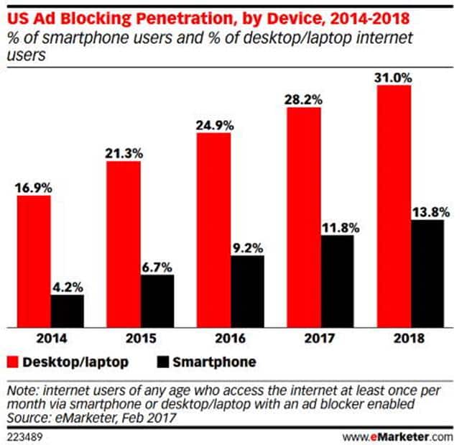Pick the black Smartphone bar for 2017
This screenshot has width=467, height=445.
pos(337,281)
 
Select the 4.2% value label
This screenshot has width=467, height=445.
pos(67,286)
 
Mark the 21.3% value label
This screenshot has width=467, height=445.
pos(124,152)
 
